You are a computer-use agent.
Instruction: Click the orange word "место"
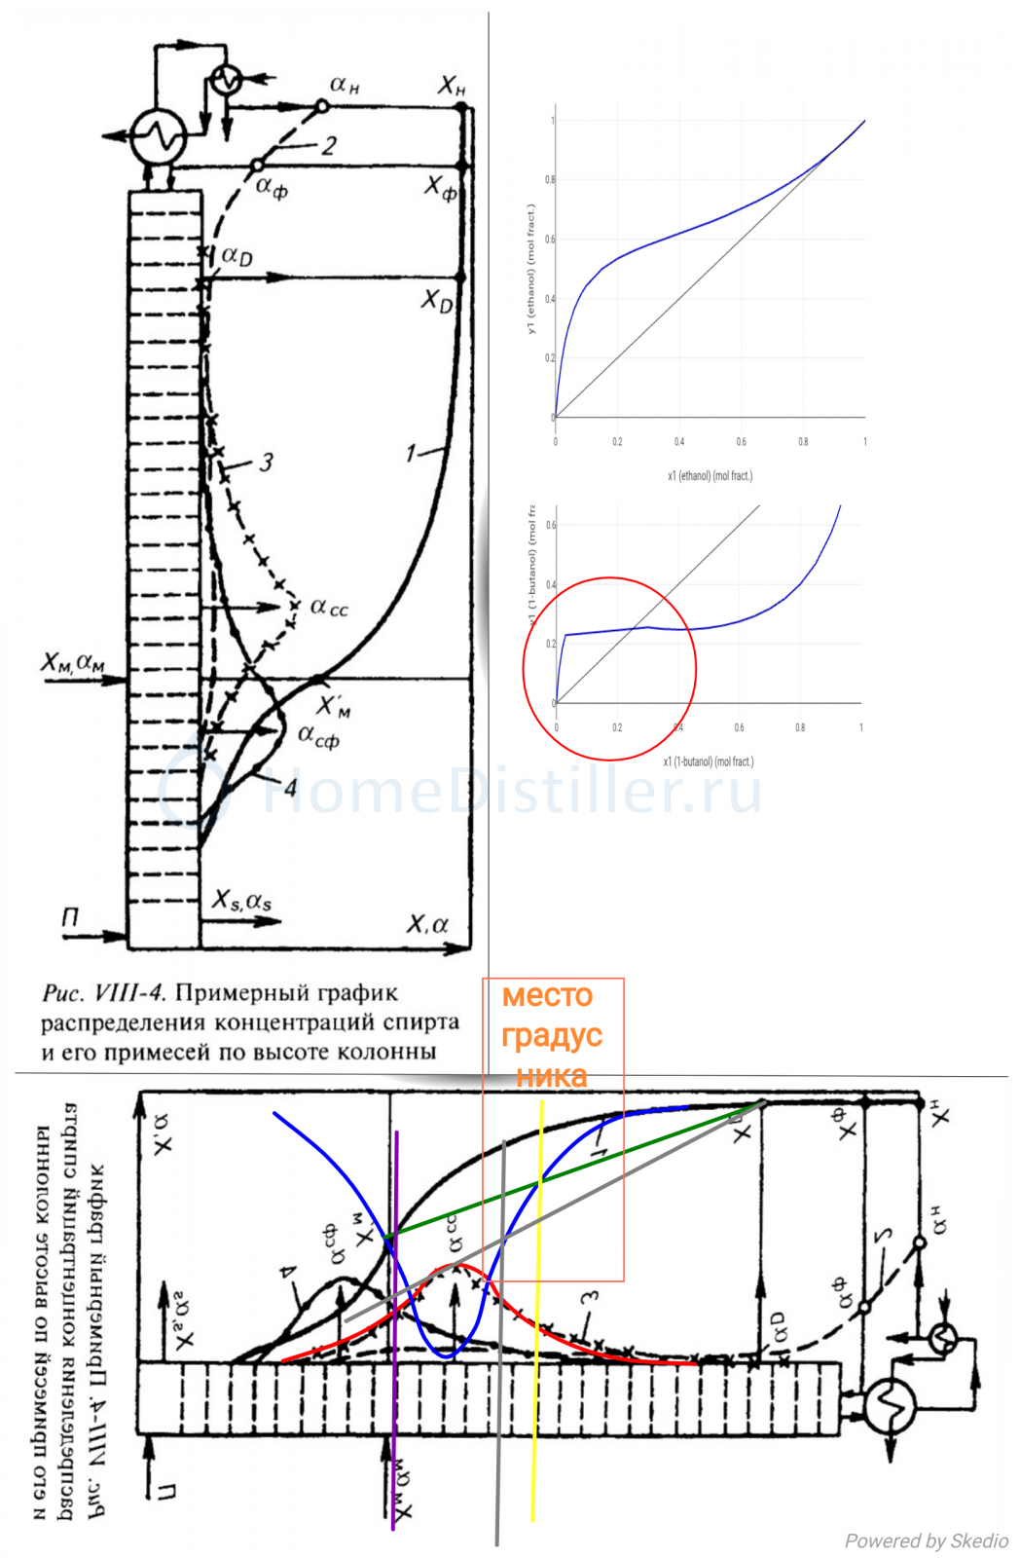pos(547,996)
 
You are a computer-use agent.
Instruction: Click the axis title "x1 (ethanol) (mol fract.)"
pos(710,476)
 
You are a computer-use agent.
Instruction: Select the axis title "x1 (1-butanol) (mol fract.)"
pos(708,761)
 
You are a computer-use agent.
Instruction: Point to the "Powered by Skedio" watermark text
pos(926,1540)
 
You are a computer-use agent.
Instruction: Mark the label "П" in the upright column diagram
pos(70,917)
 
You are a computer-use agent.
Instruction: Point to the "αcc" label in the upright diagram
pos(328,608)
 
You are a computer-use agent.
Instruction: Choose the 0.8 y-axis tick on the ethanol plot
pos(550,180)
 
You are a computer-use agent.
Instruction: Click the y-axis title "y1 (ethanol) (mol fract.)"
pos(530,269)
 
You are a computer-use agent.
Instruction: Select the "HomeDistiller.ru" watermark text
pos(511,791)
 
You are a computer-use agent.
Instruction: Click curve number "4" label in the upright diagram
pos(289,787)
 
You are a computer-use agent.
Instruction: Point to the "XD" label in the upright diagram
pos(437,301)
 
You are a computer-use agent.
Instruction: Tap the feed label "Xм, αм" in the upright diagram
pos(73,662)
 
